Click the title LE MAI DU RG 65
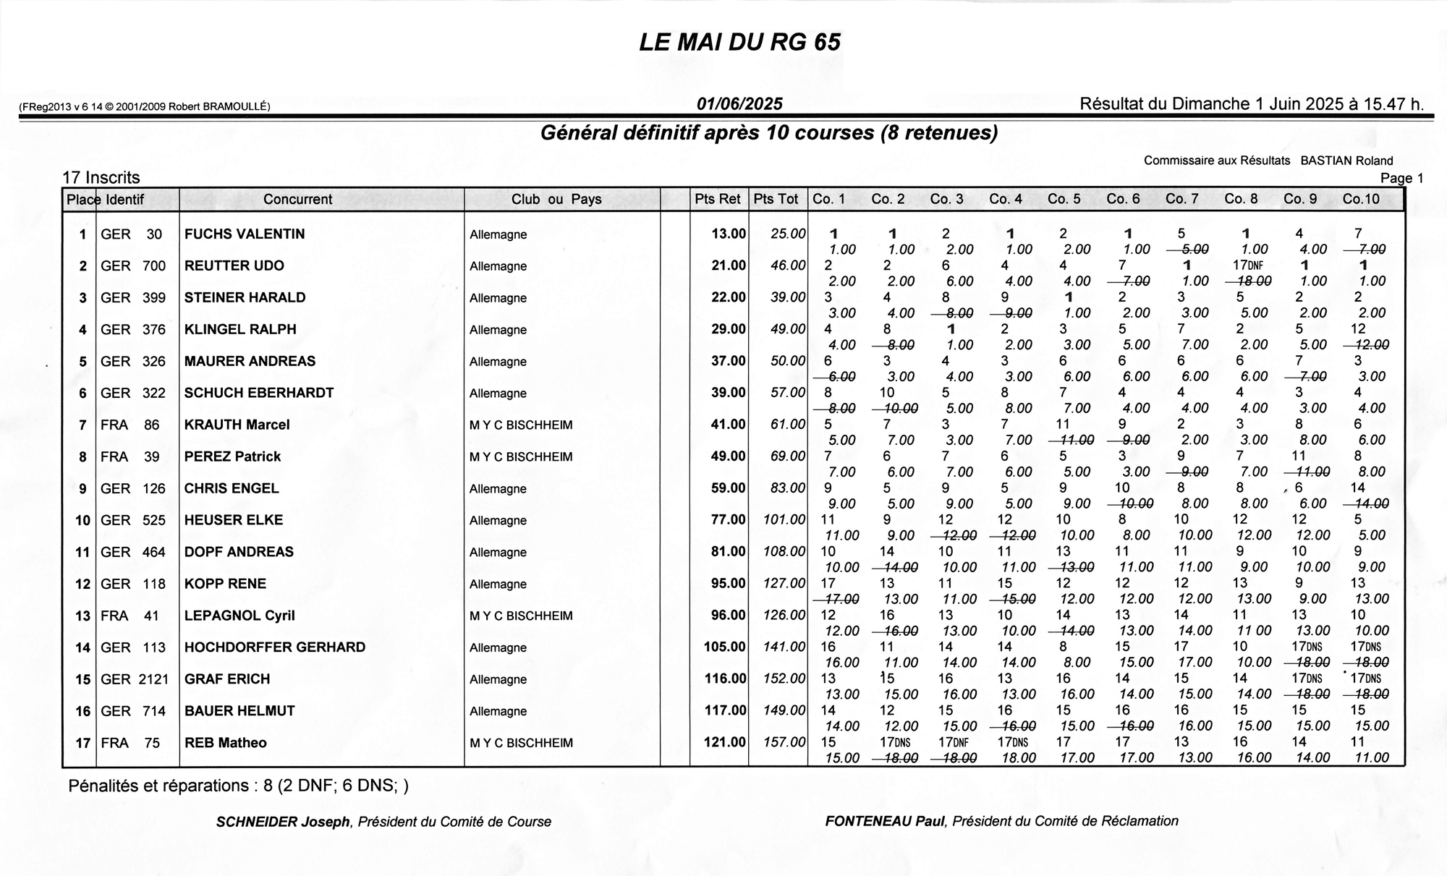tap(739, 43)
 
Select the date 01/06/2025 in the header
tap(739, 104)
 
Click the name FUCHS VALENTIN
tap(245, 234)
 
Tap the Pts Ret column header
tap(718, 199)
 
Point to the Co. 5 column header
tap(1064, 199)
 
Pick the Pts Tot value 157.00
tap(784, 742)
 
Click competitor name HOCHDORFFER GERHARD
tap(275, 647)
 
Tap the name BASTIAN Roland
tap(1346, 161)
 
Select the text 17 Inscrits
tap(101, 178)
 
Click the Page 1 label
tap(1401, 178)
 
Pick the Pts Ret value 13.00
tap(728, 234)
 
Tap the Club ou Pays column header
tap(556, 199)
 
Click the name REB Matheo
tap(225, 743)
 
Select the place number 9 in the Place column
tap(83, 489)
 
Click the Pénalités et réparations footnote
tap(239, 786)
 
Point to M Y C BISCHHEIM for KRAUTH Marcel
tap(521, 425)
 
